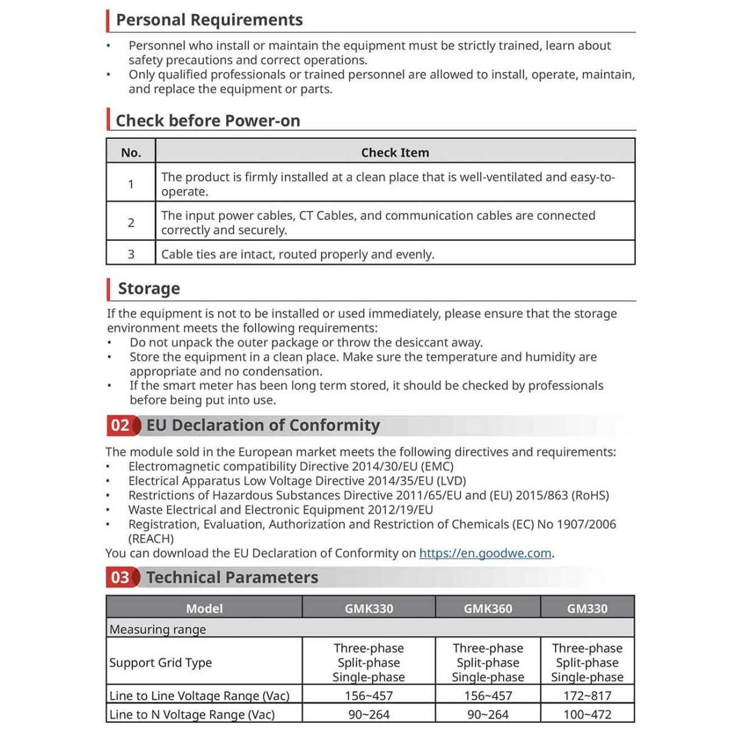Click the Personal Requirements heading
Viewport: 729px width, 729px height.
[209, 20]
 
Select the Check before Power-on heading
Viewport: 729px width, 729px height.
[208, 121]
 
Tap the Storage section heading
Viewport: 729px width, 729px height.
[149, 289]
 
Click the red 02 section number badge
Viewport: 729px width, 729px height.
[120, 425]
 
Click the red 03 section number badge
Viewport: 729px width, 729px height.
[120, 577]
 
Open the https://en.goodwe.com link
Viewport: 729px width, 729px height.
[485, 553]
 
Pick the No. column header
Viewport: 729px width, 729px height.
[131, 152]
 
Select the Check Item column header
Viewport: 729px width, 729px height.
[395, 152]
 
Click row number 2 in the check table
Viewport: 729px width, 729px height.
[131, 222]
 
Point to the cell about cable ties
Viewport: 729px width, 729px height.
[298, 255]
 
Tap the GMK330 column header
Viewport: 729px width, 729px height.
[369, 608]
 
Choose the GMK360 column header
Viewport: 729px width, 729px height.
[488, 608]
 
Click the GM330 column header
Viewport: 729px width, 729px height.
[587, 608]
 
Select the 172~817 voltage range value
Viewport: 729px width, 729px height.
[587, 696]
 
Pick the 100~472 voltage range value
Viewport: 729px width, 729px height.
[587, 714]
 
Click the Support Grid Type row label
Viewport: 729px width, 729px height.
[160, 663]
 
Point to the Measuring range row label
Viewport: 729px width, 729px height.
[157, 629]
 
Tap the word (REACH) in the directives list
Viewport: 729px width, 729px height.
[151, 539]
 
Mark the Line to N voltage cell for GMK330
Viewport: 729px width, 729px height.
[369, 714]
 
